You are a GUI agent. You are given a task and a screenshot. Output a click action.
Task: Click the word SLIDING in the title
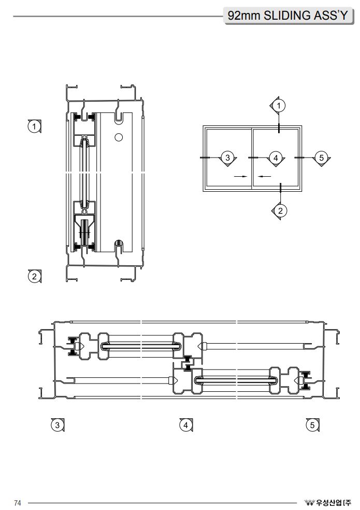[287, 16]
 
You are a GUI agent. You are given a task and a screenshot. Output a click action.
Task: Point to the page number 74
[18, 503]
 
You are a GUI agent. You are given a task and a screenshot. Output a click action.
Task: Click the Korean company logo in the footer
[328, 503]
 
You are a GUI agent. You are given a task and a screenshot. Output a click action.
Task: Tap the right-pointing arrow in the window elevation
[240, 176]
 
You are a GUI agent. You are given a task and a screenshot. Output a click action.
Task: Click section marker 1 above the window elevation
[279, 105]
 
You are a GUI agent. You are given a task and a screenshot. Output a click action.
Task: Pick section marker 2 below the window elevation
[280, 210]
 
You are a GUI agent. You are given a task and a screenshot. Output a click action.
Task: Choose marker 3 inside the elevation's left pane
[227, 157]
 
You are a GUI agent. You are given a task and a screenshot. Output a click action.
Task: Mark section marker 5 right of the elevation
[321, 157]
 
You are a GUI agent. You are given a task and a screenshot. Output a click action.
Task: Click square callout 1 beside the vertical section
[35, 126]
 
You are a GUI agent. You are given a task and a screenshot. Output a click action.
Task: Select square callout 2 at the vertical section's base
[35, 276]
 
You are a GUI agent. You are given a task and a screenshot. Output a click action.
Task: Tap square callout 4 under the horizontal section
[185, 425]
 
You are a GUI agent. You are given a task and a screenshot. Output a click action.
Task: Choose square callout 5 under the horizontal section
[312, 425]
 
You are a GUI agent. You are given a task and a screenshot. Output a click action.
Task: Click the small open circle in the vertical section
[119, 137]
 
